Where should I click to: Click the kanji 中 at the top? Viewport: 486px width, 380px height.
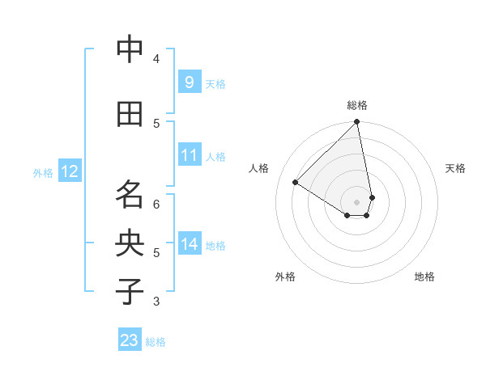(x=130, y=50)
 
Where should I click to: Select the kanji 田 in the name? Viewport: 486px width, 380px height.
(x=130, y=114)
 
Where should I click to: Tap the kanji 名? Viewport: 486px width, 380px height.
(x=130, y=194)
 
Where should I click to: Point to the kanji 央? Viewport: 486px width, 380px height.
(x=130, y=243)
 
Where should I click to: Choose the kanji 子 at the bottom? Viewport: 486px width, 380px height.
(x=130, y=292)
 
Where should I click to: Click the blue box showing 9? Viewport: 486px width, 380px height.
(x=189, y=82)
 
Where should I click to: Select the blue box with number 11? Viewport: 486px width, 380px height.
(x=189, y=155)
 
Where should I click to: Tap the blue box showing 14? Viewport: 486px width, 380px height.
(x=189, y=243)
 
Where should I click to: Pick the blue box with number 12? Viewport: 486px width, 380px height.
(x=70, y=171)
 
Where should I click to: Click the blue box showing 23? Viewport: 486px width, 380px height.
(x=130, y=340)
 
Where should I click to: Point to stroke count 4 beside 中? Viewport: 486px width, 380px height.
(x=156, y=58)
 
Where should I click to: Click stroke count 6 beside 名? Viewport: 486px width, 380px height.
(x=156, y=204)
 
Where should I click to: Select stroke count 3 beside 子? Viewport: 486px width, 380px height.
(x=156, y=302)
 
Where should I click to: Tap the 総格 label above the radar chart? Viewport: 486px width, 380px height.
(x=357, y=105)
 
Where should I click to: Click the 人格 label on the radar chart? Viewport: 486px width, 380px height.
(x=259, y=167)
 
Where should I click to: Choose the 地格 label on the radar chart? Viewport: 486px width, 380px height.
(x=424, y=277)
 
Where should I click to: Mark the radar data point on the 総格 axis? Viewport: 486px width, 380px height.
(x=357, y=122)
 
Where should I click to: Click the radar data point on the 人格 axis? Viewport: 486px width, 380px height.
(x=296, y=182)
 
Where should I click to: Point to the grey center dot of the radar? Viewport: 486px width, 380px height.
(x=357, y=201)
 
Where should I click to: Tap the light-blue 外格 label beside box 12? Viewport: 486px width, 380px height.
(x=42, y=172)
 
